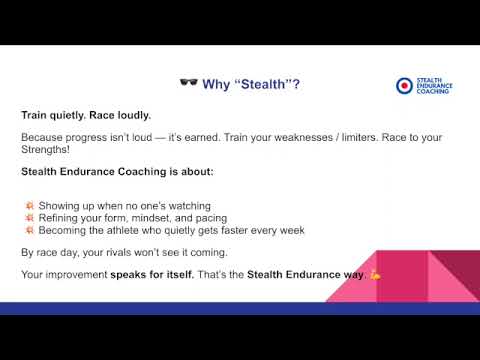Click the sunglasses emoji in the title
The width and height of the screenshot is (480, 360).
188,84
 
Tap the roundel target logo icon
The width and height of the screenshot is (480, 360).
402,86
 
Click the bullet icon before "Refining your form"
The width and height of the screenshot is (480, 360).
30,218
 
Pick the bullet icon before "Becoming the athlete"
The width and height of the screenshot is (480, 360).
30,230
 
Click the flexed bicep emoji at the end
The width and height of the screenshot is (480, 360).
376,274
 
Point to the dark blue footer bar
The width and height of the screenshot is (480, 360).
200,308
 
